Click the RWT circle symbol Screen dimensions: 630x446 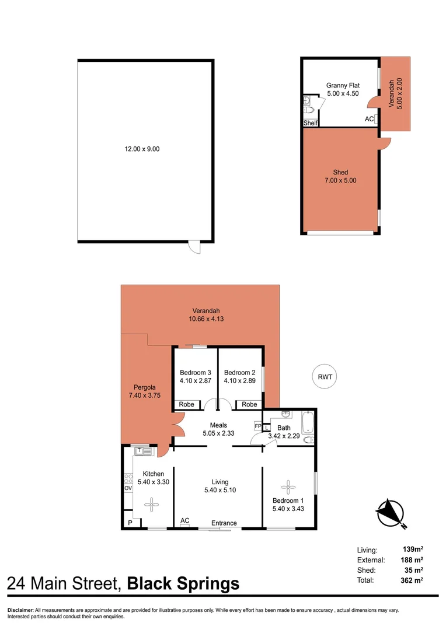click(x=325, y=377)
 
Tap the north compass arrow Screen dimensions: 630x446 click(x=390, y=512)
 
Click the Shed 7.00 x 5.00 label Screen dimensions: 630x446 click(x=340, y=176)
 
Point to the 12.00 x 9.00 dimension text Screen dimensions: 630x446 click(x=142, y=149)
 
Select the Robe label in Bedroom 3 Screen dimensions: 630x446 click(x=186, y=404)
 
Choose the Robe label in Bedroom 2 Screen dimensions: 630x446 click(x=249, y=404)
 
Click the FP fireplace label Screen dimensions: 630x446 click(x=257, y=426)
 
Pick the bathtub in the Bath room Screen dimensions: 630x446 click(x=308, y=422)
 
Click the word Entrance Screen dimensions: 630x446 click(x=224, y=523)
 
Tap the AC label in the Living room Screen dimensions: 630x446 click(x=185, y=520)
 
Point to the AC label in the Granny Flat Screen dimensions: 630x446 click(x=369, y=119)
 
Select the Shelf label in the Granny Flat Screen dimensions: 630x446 click(x=311, y=123)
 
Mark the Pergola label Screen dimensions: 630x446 click(x=140, y=390)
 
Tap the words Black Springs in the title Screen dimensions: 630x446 click(x=183, y=583)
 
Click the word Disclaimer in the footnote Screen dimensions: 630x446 click(x=20, y=610)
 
